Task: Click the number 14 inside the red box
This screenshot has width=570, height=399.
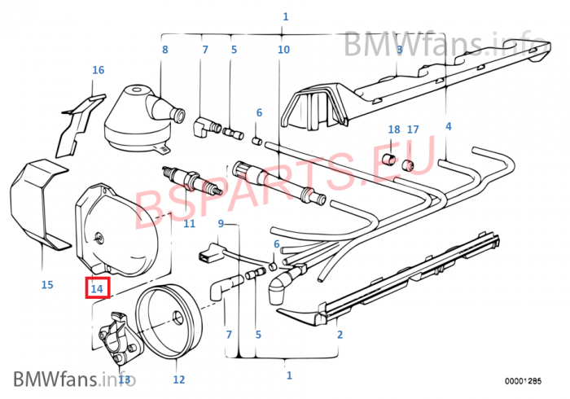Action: (x=97, y=288)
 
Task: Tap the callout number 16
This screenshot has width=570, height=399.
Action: (x=99, y=70)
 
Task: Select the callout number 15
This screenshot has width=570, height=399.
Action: (x=47, y=284)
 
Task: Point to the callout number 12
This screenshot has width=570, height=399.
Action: (x=179, y=379)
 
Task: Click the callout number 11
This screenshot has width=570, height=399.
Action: (x=190, y=223)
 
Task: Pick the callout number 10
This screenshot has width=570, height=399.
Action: (x=283, y=50)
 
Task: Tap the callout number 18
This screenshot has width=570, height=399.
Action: (x=394, y=129)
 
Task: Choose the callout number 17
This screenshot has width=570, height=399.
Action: (x=413, y=129)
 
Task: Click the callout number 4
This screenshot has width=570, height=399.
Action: (x=449, y=126)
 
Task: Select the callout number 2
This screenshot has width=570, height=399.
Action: (x=340, y=335)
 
